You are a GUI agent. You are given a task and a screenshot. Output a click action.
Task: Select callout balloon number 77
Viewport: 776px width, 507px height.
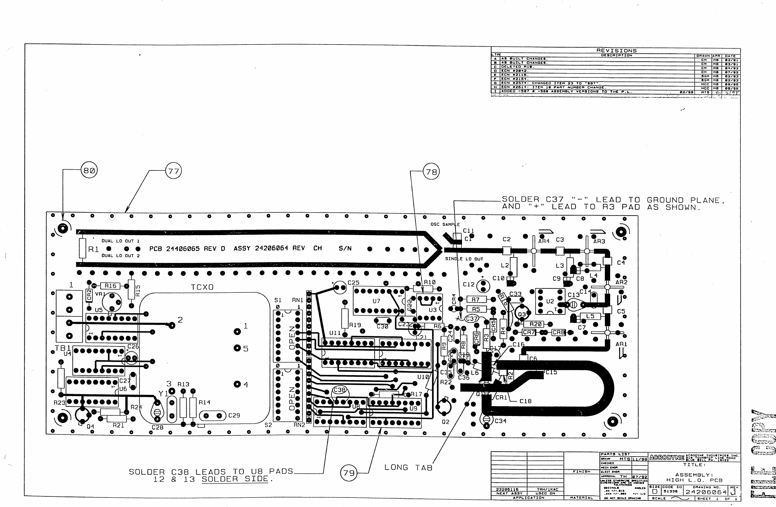point(174,171)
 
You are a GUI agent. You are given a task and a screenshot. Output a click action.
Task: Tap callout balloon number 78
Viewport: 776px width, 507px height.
point(431,172)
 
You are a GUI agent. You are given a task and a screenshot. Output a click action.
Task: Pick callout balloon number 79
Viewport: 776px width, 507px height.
point(349,473)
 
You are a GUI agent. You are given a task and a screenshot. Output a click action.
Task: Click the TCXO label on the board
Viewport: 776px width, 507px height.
point(202,287)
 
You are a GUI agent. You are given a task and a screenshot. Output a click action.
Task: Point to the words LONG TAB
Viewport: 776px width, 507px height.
point(408,467)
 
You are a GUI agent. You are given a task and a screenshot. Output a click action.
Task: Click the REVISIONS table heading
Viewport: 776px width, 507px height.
point(616,51)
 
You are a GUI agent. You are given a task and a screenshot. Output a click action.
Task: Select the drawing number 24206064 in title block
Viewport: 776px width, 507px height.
point(706,492)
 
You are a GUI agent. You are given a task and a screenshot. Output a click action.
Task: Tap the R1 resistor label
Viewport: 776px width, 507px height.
point(93,250)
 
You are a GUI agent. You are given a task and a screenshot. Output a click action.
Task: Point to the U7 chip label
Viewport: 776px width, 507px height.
point(376,301)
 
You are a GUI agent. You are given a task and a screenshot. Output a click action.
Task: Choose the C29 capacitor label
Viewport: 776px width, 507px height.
point(234,415)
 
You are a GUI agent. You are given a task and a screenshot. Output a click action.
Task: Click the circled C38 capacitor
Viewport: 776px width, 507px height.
point(339,390)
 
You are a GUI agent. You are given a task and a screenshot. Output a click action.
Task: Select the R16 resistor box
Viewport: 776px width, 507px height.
point(110,286)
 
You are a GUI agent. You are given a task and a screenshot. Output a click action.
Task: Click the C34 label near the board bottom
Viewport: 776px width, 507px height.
point(500,421)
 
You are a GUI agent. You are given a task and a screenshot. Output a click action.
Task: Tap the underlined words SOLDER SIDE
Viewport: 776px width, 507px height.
point(235,479)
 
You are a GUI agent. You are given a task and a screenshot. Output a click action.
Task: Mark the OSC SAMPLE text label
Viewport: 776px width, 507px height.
point(445,224)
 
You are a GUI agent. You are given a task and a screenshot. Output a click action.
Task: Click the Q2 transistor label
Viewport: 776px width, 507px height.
point(445,422)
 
